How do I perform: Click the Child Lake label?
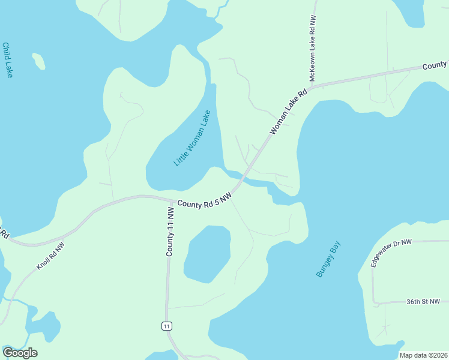8,60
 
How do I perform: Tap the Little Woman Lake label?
192,139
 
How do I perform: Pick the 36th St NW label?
423,302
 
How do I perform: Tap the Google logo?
20,353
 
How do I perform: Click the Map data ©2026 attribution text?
424,355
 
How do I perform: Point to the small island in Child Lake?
38,61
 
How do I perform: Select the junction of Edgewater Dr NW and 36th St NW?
373,302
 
